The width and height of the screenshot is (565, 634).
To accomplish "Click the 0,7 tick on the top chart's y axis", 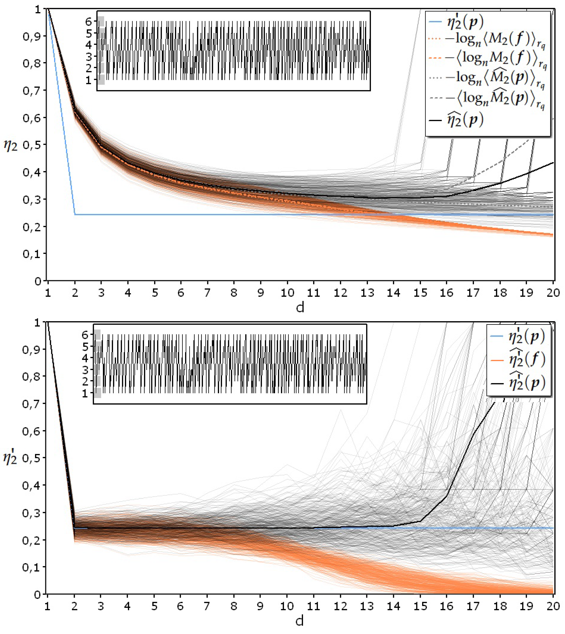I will (x=32, y=90).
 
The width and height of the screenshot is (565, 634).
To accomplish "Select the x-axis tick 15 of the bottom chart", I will (x=420, y=606).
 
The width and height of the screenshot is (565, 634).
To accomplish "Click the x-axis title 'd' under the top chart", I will (x=300, y=307).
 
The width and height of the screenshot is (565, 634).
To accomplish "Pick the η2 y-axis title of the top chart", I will (x=11, y=145).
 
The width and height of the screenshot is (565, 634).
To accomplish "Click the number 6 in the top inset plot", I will (x=89, y=22).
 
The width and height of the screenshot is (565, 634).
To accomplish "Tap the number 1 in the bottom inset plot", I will (x=85, y=393).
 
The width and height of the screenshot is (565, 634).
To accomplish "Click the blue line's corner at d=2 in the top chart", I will (x=75, y=214).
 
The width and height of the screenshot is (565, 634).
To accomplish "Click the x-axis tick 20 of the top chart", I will (x=553, y=292).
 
